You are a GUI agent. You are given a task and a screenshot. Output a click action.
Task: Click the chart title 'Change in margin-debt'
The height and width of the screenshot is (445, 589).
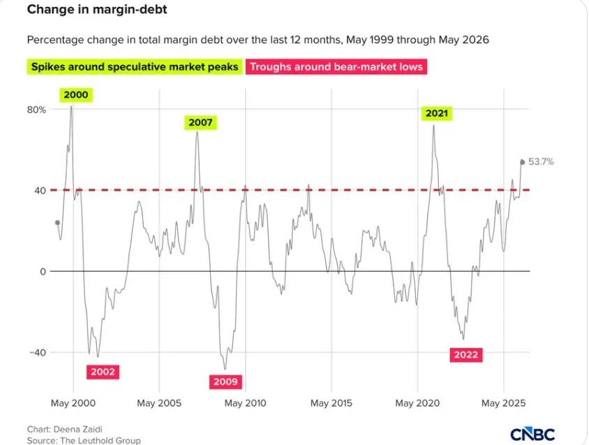coord(97,9)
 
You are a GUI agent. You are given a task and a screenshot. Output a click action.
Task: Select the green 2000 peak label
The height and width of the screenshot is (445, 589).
coord(76,95)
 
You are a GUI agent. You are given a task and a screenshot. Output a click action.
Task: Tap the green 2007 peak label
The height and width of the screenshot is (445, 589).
coord(200,123)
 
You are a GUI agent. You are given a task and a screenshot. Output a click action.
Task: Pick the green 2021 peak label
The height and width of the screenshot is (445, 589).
coord(436,113)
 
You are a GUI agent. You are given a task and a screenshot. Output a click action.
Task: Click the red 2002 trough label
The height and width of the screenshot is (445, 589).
coord(103,372)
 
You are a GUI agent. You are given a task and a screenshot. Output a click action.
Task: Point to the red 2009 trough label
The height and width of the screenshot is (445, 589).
coord(225,382)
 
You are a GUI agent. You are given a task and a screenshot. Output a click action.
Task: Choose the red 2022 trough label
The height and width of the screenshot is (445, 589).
coord(466,355)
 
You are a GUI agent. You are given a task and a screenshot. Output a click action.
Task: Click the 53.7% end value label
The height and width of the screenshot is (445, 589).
coord(541,162)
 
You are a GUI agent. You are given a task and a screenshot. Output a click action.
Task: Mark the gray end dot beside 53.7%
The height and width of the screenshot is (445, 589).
coord(522,162)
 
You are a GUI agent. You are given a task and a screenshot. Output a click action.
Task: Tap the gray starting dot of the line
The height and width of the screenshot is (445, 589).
coord(57,223)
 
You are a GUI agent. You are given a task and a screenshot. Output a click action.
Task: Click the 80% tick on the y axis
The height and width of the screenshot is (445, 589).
coord(36,110)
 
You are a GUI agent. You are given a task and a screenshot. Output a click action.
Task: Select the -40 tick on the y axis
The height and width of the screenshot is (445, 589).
coord(38,353)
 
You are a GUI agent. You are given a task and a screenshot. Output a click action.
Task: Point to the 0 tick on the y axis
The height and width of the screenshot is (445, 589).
coord(43,272)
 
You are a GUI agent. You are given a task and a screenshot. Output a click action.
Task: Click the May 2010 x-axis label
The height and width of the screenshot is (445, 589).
coord(245,403)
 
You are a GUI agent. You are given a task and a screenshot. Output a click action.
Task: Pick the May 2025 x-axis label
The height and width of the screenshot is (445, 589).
coord(503,403)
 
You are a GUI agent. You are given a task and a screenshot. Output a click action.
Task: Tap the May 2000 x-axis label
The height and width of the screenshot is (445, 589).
coord(73,403)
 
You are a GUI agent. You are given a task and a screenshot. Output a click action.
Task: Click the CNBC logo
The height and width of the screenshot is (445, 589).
coord(532,435)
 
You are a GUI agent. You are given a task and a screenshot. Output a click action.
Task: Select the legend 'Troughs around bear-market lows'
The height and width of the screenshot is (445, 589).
coord(336,66)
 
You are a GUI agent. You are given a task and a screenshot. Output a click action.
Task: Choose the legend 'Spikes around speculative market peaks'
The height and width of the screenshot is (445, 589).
coord(135,66)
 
